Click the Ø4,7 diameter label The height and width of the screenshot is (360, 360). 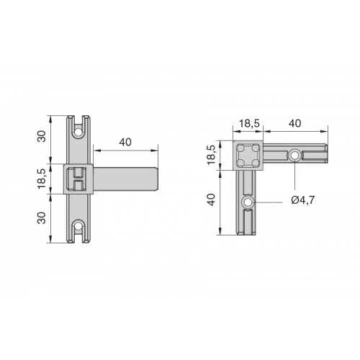302,199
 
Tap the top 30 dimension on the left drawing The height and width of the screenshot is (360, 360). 42,136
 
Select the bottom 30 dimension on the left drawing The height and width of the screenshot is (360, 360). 42,217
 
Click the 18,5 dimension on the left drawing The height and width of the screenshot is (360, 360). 42,179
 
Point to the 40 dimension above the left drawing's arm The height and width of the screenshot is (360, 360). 125,142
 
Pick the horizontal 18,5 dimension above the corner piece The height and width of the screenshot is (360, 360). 250,123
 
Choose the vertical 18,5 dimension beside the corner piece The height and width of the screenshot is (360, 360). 212,155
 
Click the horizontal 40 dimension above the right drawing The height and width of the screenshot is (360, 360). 294,123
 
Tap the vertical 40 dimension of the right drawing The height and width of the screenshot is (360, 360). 212,199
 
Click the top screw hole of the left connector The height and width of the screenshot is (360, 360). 78,132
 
